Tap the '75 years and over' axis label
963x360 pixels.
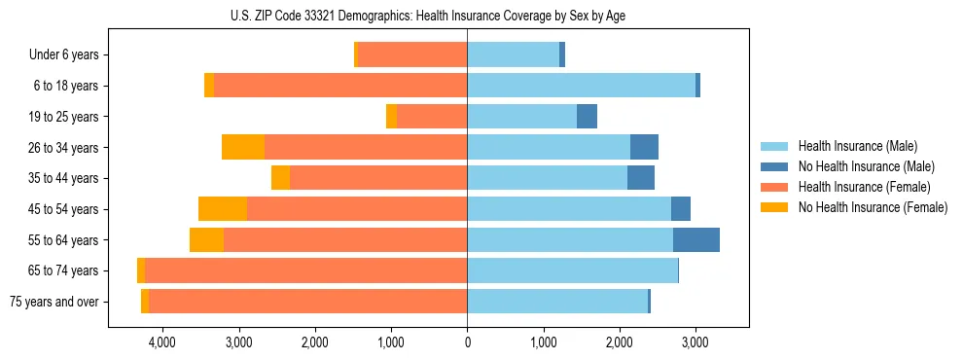53,302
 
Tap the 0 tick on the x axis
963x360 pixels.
467,342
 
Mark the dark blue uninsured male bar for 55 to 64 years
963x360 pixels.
696,239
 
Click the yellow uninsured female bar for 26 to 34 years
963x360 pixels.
243,147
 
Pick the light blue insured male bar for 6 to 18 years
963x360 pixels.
581,86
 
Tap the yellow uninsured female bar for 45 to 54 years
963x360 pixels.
223,209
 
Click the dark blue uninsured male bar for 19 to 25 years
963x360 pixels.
587,117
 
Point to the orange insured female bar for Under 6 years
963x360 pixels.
412,54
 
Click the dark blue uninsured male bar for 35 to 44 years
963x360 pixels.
641,178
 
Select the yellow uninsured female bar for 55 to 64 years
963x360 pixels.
206,239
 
